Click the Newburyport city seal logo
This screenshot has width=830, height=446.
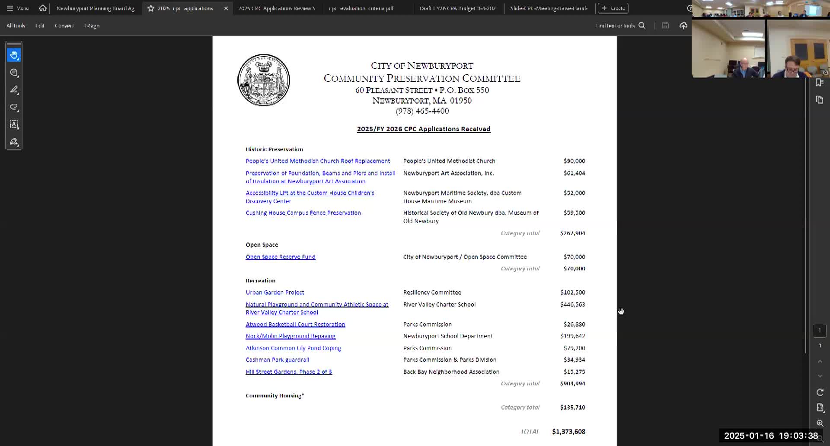click(x=264, y=80)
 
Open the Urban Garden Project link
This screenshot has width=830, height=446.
click(x=275, y=293)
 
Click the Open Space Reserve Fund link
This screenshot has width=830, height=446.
click(x=281, y=257)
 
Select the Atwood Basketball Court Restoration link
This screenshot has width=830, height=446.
click(x=295, y=325)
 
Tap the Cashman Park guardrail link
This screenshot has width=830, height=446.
click(x=278, y=360)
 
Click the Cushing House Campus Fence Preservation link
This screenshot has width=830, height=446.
click(x=303, y=213)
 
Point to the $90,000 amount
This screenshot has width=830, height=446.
click(x=574, y=161)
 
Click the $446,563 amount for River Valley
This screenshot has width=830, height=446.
click(x=572, y=305)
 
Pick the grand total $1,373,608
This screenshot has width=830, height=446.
click(x=568, y=432)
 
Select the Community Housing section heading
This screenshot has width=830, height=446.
click(x=275, y=396)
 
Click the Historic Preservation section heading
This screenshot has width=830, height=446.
click(x=274, y=150)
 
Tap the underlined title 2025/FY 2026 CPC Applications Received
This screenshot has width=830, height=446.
click(x=424, y=129)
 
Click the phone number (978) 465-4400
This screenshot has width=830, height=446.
click(x=422, y=111)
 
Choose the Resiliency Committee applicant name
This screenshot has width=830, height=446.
click(x=432, y=293)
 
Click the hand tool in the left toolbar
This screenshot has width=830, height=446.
click(x=14, y=55)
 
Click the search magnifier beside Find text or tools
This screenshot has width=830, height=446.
click(x=642, y=25)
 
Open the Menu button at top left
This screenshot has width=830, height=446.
click(x=17, y=8)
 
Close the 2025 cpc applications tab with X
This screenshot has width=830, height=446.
click(x=226, y=8)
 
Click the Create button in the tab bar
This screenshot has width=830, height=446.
click(x=613, y=8)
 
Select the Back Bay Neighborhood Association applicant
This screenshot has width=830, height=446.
click(x=451, y=372)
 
